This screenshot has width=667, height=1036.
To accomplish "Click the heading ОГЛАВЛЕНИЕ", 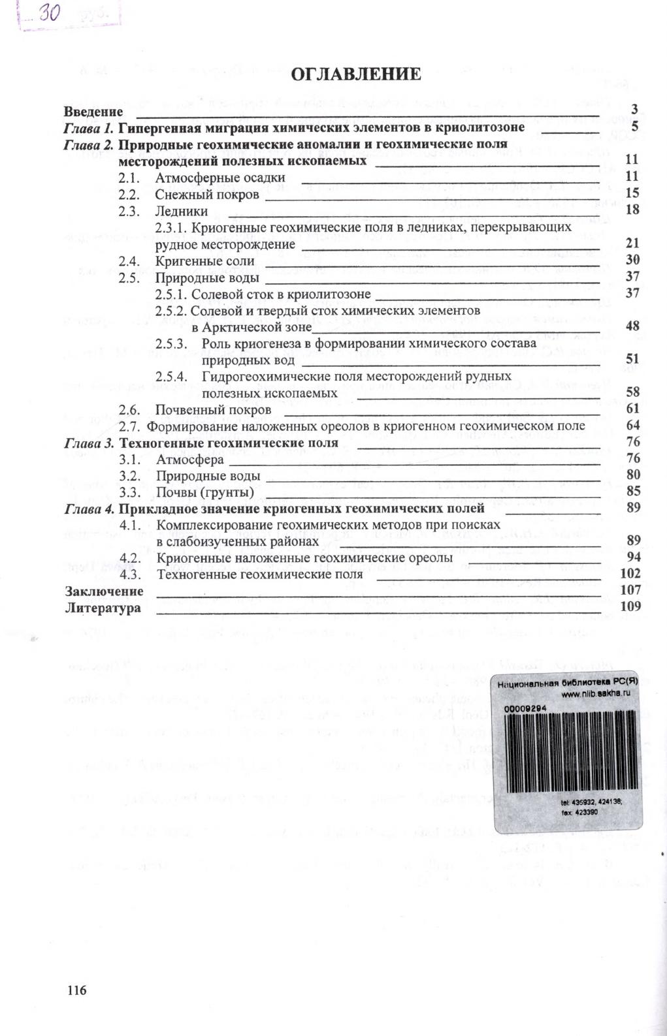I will point(356,74).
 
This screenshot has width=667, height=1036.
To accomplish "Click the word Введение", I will point(94,112).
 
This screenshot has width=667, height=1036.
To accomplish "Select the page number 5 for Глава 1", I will point(634,127).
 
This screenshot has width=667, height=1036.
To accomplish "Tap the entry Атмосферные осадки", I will point(220,177).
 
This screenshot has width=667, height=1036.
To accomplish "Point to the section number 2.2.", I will point(129,194).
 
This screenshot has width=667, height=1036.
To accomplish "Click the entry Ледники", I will point(182,211).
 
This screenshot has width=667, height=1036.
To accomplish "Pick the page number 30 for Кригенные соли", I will point(632,259).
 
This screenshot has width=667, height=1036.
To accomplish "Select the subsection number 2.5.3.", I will point(171,343).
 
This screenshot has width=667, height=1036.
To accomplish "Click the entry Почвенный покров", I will point(213,410).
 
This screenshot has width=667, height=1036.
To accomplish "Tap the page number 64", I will point(632,426).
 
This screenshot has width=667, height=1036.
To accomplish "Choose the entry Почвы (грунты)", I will point(204,492).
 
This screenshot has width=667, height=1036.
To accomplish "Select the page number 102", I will point(630,573).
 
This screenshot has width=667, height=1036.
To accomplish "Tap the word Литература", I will point(103,608).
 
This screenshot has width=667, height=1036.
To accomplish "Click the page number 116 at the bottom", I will point(76,990).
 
